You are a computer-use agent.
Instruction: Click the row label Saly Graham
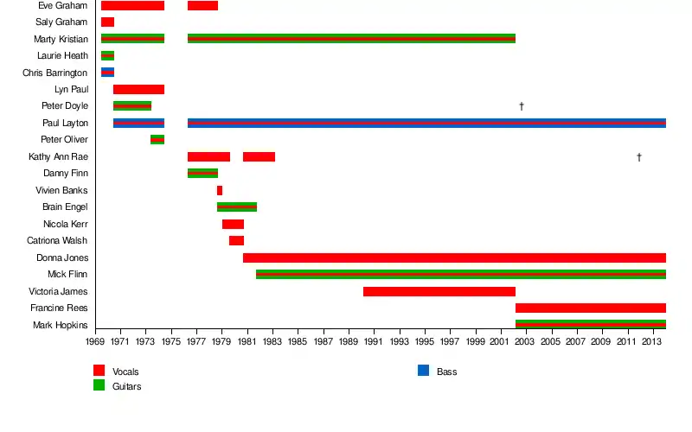click(x=61, y=22)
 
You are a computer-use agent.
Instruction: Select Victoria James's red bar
click(x=439, y=291)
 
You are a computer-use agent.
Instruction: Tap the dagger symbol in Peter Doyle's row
click(x=522, y=106)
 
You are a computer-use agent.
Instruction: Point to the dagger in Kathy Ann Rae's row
click(x=638, y=156)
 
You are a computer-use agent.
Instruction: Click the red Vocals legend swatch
click(x=99, y=371)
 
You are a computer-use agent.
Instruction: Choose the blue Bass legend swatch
click(x=423, y=371)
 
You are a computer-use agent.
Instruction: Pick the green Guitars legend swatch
click(x=99, y=385)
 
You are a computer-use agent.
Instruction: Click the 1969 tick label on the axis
click(x=95, y=342)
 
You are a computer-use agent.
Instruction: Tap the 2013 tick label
click(x=653, y=342)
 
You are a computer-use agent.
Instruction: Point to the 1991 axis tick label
click(x=375, y=342)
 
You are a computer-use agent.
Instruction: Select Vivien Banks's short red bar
click(x=220, y=190)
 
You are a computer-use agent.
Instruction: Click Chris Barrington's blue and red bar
click(x=107, y=73)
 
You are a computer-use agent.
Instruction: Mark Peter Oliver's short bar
click(x=157, y=139)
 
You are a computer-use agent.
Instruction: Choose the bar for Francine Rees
click(x=590, y=308)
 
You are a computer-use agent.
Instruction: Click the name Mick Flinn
click(x=67, y=274)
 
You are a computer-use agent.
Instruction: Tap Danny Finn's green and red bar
click(x=202, y=173)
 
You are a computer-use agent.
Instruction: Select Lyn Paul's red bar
click(x=138, y=89)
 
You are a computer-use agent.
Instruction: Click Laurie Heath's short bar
click(x=107, y=55)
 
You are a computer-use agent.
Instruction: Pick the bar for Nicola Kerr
click(x=233, y=224)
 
